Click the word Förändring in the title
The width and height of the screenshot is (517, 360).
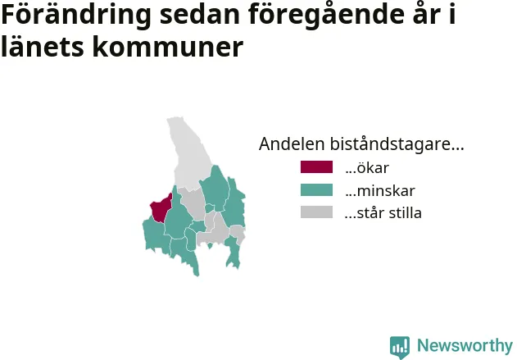coord(76,15)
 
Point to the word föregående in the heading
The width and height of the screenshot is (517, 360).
coord(326,15)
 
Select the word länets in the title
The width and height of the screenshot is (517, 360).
coord(43,47)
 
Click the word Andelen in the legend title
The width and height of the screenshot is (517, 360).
coord(293,144)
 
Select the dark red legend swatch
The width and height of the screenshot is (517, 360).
coord(316,167)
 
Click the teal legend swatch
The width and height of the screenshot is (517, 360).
coord(316,190)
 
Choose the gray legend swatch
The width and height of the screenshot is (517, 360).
coord(316,212)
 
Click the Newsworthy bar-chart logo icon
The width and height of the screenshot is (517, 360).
coord(400,347)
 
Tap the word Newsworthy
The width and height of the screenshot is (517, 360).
coord(465,345)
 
